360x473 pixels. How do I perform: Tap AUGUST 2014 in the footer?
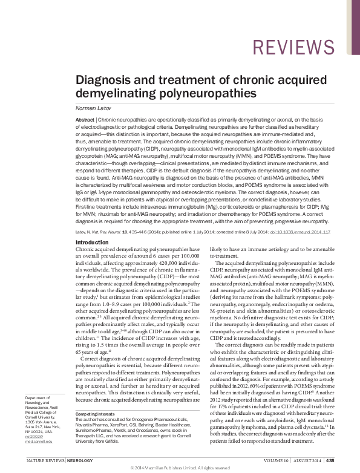click(x=309, y=460)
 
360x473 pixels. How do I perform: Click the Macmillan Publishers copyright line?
click(x=180, y=469)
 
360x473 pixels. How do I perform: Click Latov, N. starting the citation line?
click(x=82, y=231)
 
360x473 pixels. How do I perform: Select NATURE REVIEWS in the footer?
click(x=43, y=460)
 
